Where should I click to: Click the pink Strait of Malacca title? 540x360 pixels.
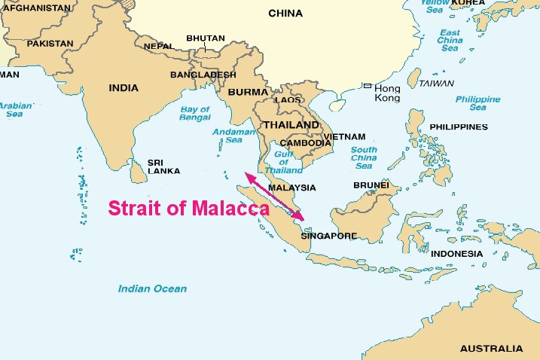click(188, 209)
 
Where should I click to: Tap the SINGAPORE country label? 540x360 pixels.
click(328, 236)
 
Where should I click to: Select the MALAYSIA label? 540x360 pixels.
click(292, 188)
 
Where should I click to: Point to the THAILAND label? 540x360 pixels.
click(289, 124)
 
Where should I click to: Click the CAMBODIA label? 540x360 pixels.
click(305, 142)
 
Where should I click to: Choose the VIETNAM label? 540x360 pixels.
click(346, 137)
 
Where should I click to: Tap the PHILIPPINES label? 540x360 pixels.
click(459, 127)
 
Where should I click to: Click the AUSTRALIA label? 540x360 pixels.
click(490, 349)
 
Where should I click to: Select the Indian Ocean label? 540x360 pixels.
click(152, 288)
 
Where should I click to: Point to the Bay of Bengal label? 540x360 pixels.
click(194, 114)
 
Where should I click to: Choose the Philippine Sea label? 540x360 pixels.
click(477, 103)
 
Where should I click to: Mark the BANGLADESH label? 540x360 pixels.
click(203, 75)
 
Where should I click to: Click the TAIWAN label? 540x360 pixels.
click(436, 83)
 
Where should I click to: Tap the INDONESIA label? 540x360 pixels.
click(456, 253)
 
